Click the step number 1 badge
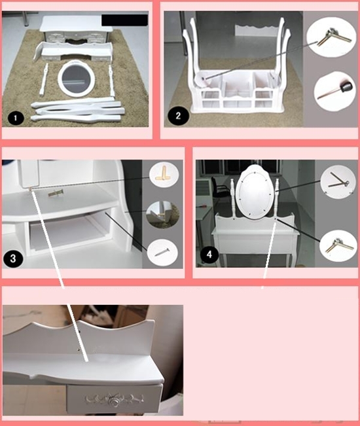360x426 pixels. click(x=16, y=118)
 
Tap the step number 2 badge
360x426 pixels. click(x=178, y=116)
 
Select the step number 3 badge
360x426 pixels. click(x=13, y=258)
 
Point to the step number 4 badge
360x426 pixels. click(x=209, y=255)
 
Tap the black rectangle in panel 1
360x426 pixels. click(x=125, y=20)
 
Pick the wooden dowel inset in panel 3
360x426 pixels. click(x=164, y=174)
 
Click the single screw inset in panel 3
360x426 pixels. click(x=162, y=253)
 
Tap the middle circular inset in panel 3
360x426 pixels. click(x=163, y=215)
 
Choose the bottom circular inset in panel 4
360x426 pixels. click(x=338, y=246)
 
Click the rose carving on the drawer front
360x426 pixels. click(x=113, y=399)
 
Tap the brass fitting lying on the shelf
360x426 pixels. click(x=56, y=193)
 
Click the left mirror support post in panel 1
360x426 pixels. click(x=44, y=79)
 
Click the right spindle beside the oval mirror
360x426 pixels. click(x=277, y=199)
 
